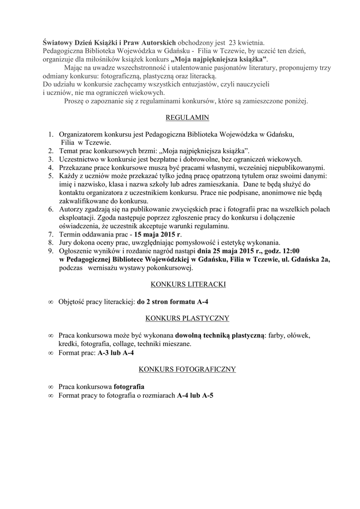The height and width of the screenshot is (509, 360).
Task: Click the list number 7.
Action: [51, 234]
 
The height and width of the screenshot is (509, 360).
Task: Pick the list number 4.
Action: [51, 168]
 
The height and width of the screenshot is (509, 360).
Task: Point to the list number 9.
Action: [51, 251]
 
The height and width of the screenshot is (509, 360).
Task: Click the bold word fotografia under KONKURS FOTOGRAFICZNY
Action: [129, 386]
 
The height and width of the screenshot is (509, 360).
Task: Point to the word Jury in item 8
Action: [66, 243]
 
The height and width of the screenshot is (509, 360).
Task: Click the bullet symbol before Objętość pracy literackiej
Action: [51, 302]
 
